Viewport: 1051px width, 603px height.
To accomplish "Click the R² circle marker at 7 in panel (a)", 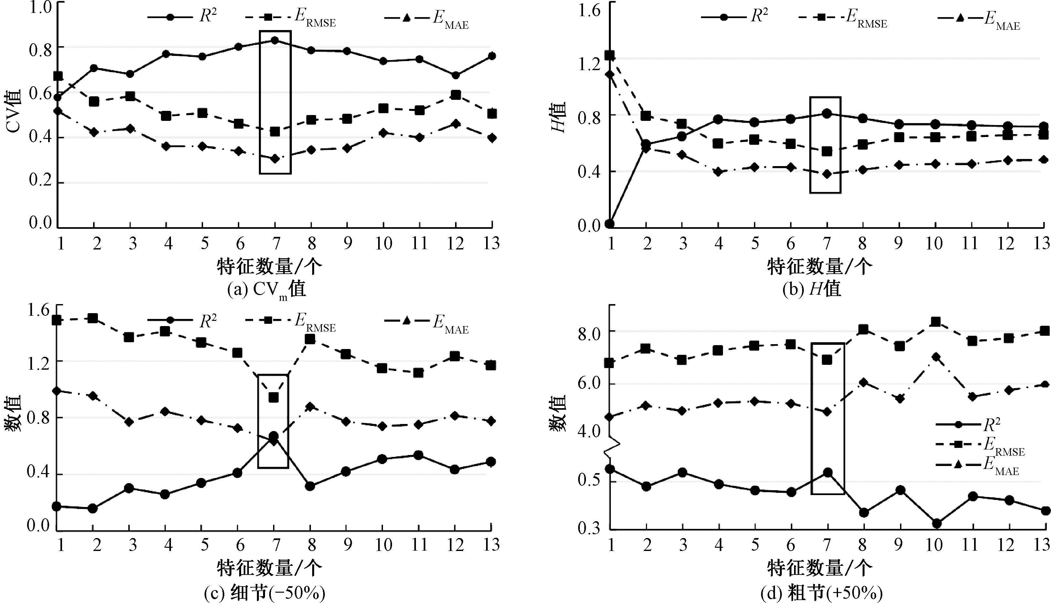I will pos(275,40).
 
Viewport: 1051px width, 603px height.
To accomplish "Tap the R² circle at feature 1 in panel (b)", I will pos(610,224).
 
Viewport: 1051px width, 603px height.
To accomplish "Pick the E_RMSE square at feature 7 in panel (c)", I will pos(274,397).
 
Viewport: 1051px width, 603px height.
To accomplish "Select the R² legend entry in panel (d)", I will pos(969,425).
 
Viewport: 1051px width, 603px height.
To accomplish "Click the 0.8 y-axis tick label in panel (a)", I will pos(40,50).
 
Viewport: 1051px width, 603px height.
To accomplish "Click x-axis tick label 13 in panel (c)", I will pos(491,544).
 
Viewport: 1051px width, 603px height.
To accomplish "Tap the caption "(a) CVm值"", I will pos(267,289).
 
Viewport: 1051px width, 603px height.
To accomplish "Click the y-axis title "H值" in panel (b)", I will pos(559,118).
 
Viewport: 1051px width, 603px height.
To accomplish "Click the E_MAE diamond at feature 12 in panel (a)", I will pos(455,123).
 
